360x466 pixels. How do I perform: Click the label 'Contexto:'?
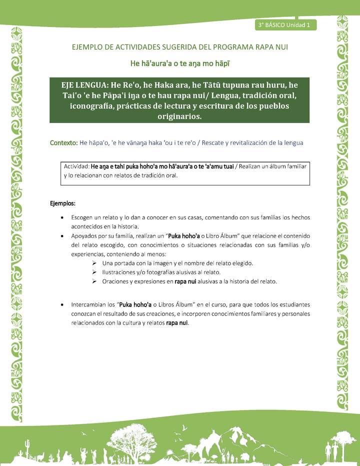[63, 142]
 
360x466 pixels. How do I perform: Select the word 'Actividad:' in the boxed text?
[76, 166]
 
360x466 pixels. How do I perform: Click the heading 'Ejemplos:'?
[63, 203]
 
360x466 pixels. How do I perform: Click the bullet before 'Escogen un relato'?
[61, 218]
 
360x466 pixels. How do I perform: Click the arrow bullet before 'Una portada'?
[94, 263]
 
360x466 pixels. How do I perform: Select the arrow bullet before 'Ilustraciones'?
[94, 272]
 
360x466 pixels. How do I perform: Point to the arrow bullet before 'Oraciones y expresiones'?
[94, 281]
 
